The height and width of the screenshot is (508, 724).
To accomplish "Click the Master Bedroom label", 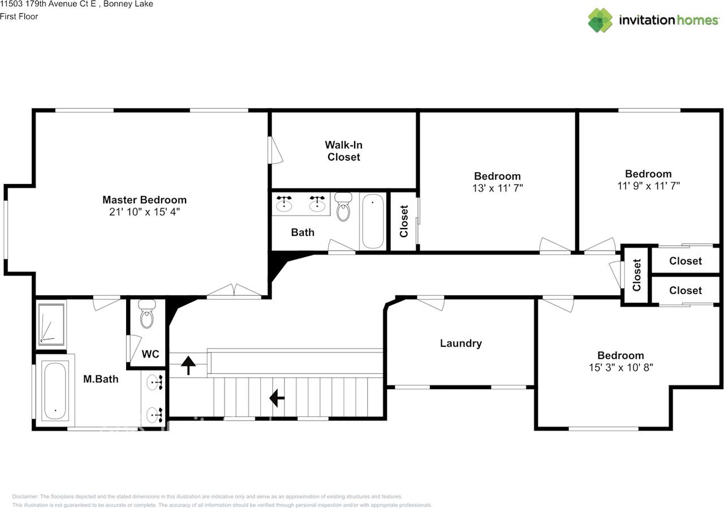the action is [144, 200].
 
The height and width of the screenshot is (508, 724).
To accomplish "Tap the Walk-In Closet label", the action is [343, 151].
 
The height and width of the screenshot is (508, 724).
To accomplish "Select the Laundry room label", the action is [461, 343].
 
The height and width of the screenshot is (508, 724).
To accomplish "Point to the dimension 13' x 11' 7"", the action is [497, 188].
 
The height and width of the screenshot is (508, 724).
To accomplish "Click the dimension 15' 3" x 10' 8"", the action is [620, 368].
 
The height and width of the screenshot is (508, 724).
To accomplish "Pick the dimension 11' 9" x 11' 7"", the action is [648, 186].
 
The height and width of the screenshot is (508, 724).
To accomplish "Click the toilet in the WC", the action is [147, 314].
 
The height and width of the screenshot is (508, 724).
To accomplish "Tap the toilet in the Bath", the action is [343, 207].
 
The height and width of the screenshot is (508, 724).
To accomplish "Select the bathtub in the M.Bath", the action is [55, 390].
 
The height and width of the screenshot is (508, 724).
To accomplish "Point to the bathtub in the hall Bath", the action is [373, 221].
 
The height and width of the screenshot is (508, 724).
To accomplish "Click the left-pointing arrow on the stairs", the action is [277, 398].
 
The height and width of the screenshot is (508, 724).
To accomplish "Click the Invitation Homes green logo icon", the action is [600, 20].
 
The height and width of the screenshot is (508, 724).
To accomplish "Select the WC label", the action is [150, 354].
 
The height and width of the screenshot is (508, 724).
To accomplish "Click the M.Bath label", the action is [101, 379].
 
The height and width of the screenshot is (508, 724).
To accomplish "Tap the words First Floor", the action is [19, 16].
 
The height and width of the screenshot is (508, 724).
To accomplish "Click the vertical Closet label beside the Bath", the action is [404, 221].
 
